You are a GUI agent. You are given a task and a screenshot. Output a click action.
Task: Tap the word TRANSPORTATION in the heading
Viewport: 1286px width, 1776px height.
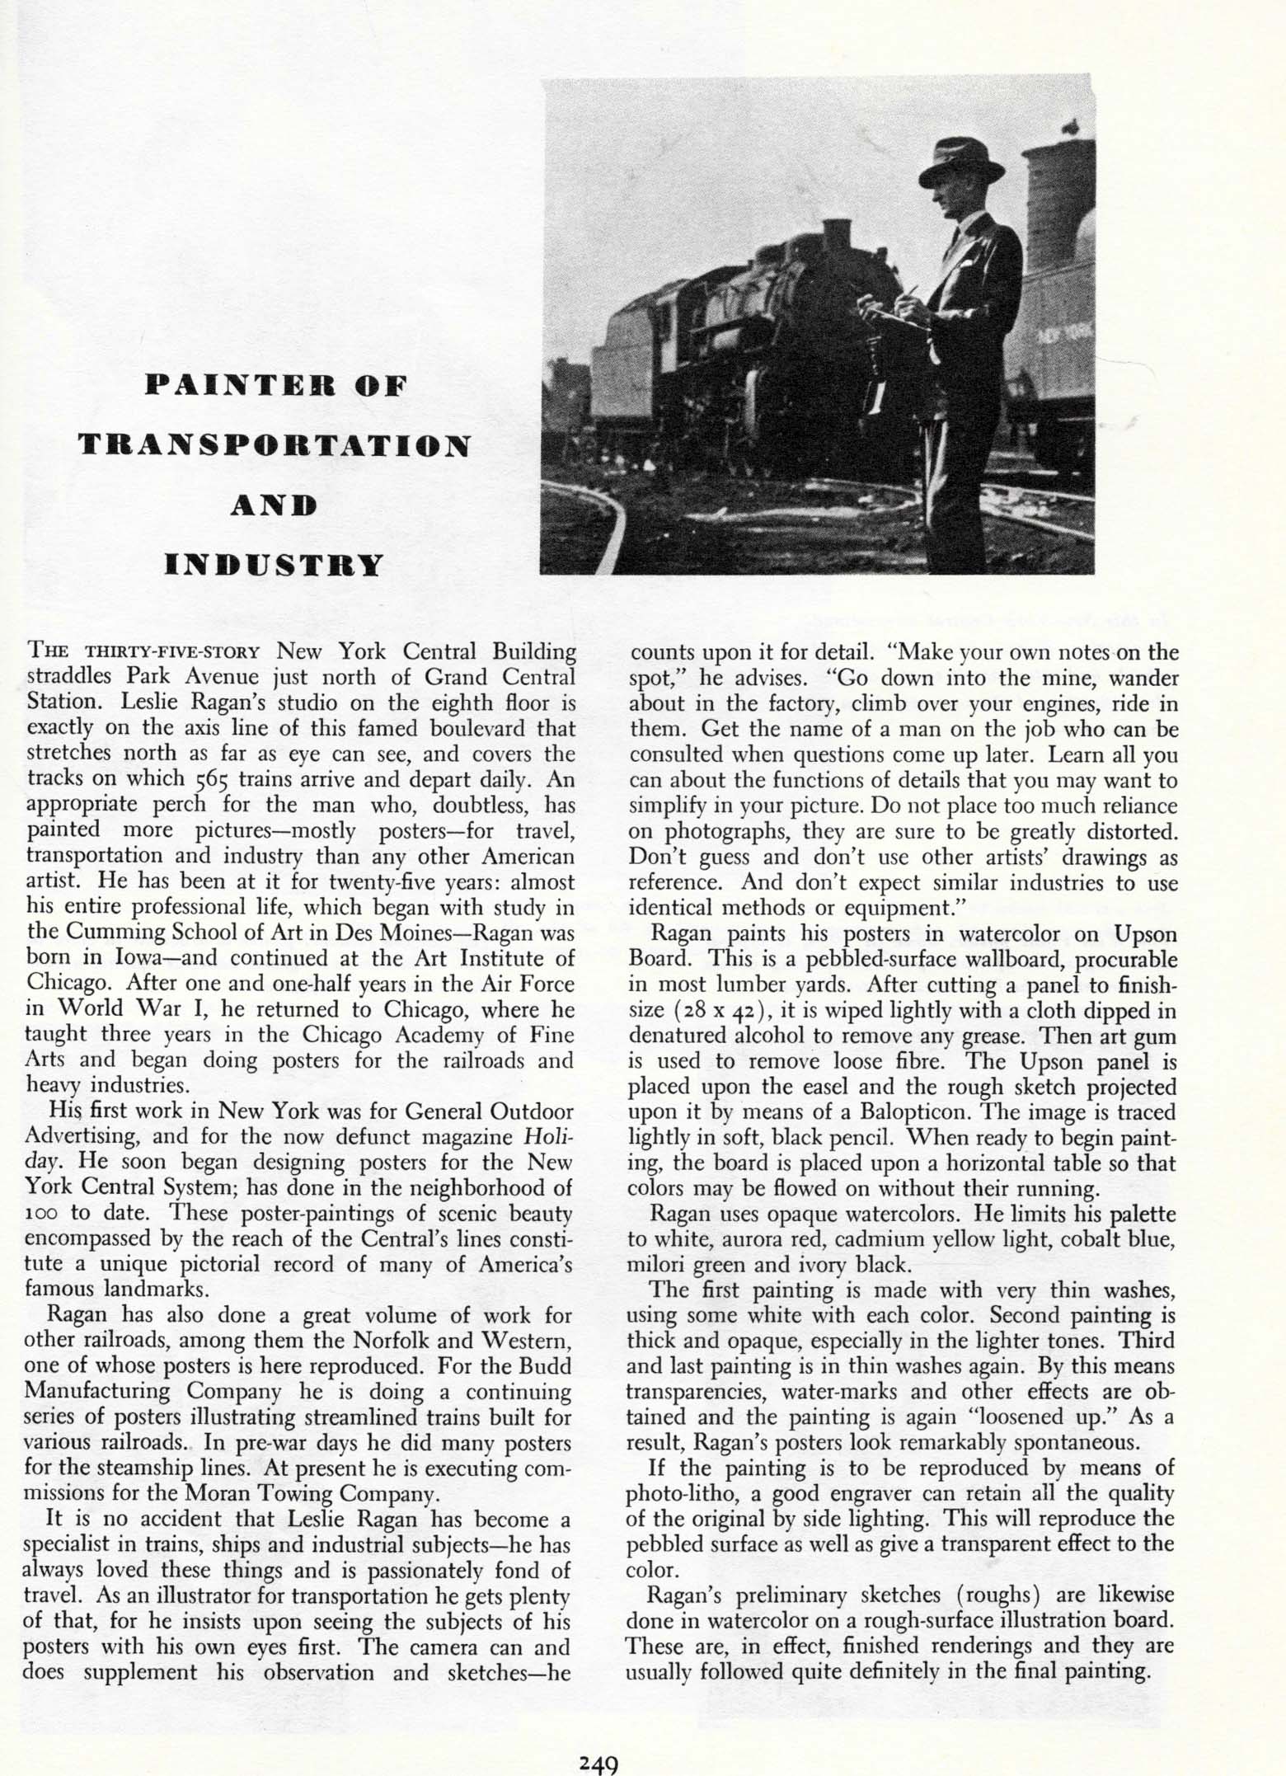coord(274,445)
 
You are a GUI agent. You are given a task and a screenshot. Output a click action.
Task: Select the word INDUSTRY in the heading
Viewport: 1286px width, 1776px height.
coord(275,565)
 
